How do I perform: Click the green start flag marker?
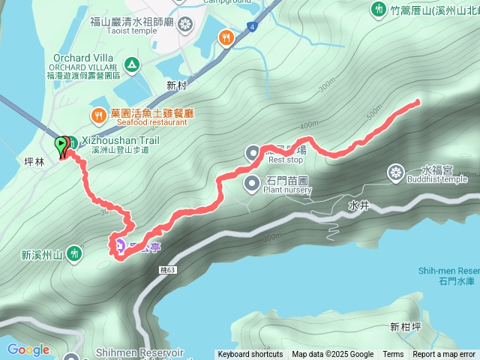tap(61, 145)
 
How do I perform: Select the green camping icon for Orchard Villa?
tap(132, 64)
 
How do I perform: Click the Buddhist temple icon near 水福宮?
tap(395, 174)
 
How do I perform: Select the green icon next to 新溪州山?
tap(74, 253)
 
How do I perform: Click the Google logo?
tap(28, 349)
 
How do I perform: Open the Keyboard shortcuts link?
tap(250, 355)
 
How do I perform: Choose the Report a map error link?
tap(444, 355)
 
